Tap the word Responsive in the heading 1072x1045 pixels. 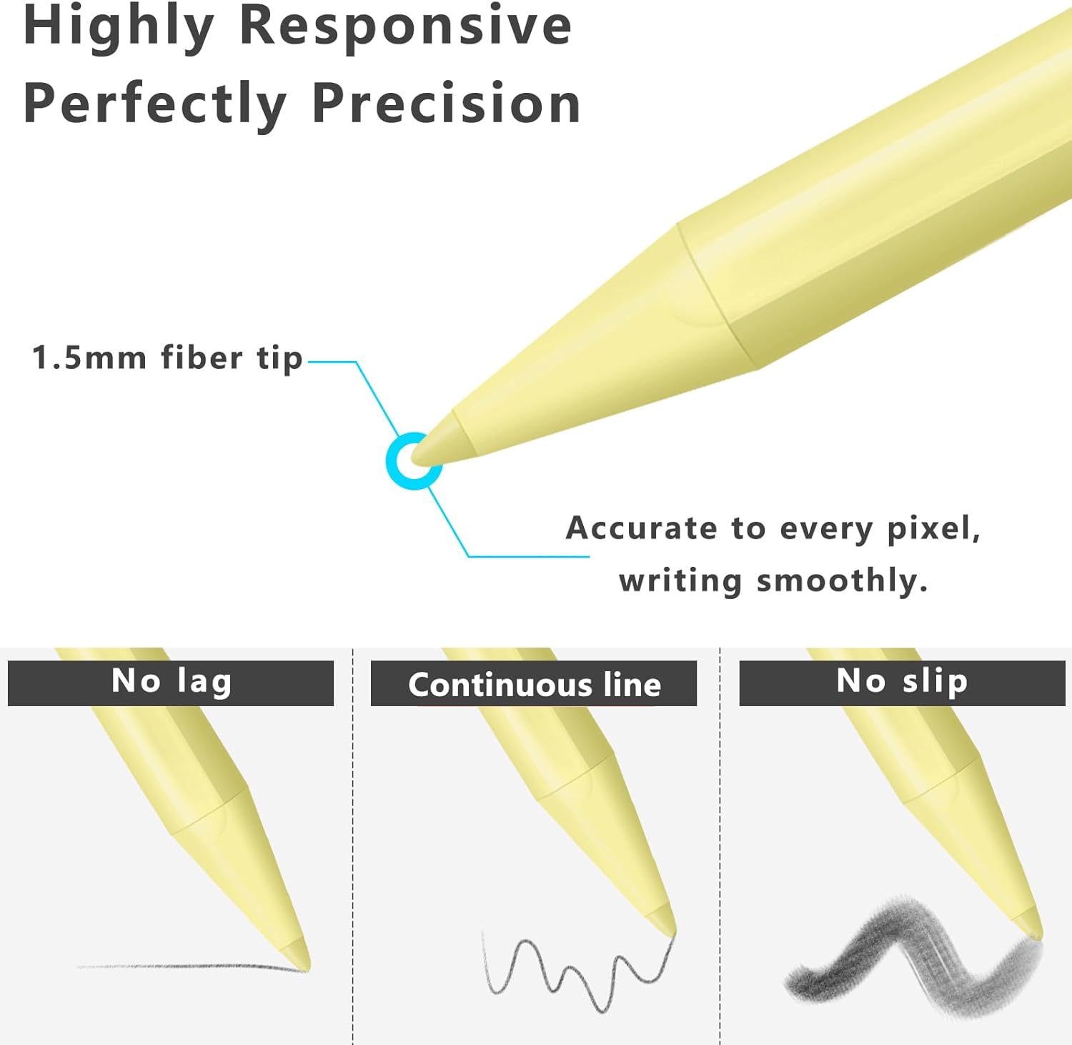point(406,26)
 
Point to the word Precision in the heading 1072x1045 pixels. point(446,103)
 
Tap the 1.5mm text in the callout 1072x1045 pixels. point(89,357)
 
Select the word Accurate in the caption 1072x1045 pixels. point(641,528)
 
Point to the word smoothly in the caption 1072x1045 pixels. point(842,580)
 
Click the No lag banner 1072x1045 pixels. point(171,683)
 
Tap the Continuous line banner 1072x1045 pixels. point(534,683)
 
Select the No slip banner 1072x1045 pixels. point(902,683)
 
